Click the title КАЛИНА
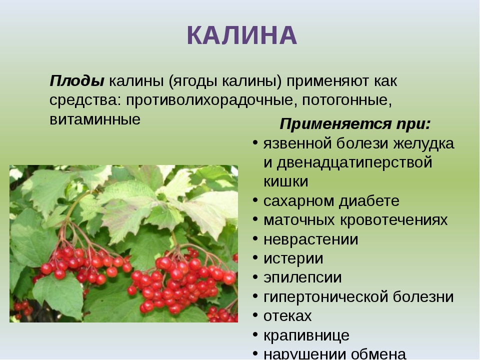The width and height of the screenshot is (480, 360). point(242,35)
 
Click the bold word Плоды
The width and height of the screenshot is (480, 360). point(77,81)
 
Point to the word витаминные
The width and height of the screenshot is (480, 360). point(95,119)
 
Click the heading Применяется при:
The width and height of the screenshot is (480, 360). point(355,124)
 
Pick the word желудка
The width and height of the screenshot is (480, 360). point(423,144)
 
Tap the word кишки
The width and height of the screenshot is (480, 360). point(285,182)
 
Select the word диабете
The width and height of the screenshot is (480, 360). point(369,201)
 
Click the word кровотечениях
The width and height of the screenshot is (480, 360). point(393,220)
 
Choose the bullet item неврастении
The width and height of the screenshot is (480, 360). point(310,239)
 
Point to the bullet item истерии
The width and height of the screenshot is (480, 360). point(293,259)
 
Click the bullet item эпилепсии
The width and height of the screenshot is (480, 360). point(302,278)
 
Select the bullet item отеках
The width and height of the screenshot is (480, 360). point(287,316)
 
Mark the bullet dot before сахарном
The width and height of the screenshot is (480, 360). point(255,200)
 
